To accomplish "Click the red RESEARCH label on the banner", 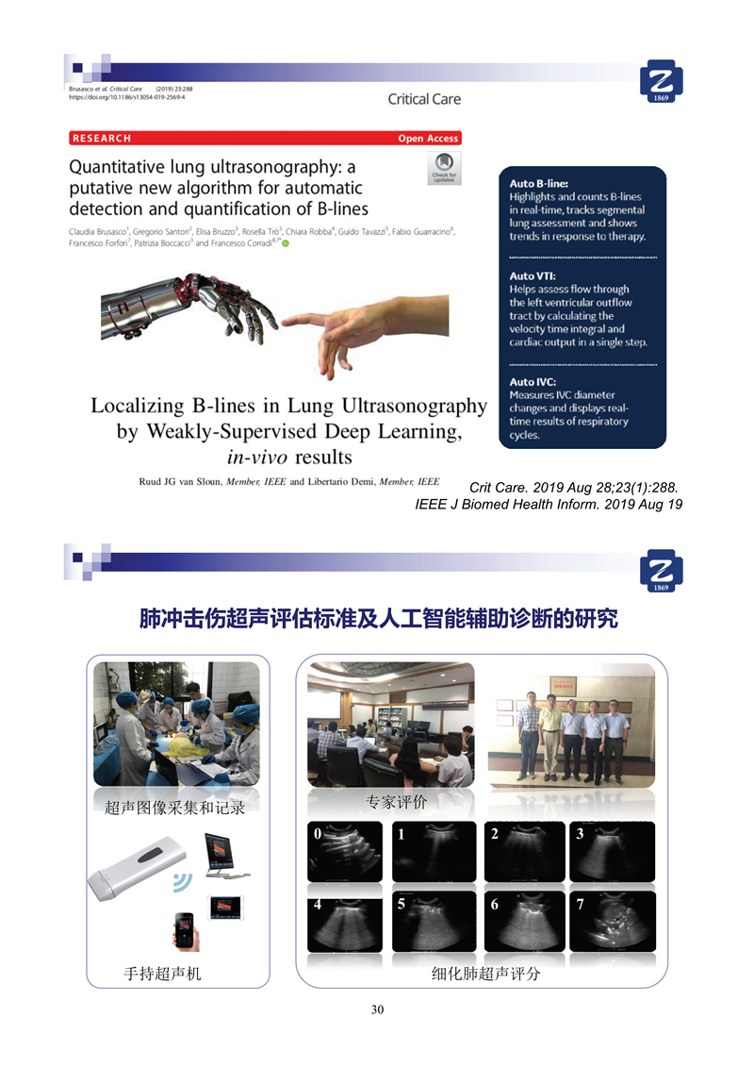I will tap(101, 139).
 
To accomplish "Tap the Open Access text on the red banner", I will tap(428, 139).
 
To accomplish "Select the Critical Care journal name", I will tap(424, 99).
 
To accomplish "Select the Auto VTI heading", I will tap(534, 275).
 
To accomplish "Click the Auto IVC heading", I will tap(534, 381).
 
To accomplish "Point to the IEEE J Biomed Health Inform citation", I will tap(549, 505).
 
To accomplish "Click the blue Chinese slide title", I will tap(378, 620).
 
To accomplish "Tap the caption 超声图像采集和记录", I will tap(174, 808).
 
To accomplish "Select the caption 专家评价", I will tap(397, 802).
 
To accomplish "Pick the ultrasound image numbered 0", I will tap(346, 851).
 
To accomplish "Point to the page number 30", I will tap(377, 1010).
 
